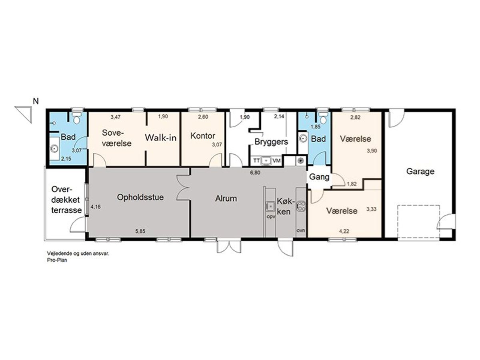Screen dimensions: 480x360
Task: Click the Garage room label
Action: [420, 172]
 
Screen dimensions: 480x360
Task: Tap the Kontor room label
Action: [203, 136]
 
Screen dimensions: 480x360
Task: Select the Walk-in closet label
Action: [161, 138]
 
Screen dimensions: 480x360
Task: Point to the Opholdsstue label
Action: [140, 197]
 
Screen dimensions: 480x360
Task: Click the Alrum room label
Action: [226, 198]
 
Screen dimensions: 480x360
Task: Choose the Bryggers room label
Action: [271, 142]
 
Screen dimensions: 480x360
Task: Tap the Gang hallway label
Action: [319, 177]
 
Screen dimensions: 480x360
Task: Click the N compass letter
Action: [36, 101]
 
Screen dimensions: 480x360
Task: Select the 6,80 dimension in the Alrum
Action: [255, 173]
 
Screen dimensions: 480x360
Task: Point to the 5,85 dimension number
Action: [140, 231]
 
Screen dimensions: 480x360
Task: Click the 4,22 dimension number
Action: [344, 231]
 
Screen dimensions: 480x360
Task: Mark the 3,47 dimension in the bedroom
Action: [116, 117]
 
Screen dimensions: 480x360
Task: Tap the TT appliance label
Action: [256, 161]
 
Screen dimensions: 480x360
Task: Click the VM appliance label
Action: [277, 161]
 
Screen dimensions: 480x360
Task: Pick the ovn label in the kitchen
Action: [301, 230]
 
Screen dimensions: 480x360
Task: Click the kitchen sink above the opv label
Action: [270, 206]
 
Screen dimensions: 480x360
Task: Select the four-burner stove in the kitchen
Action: [301, 206]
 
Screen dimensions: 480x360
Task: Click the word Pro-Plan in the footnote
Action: [57, 260]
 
